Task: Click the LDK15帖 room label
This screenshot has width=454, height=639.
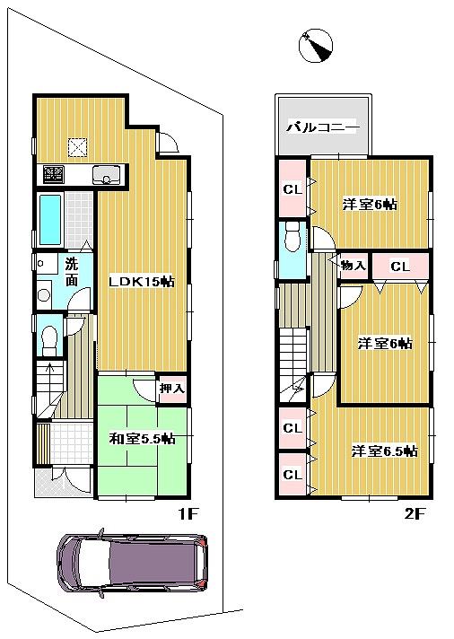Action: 141,281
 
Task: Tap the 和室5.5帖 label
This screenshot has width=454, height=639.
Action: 142,439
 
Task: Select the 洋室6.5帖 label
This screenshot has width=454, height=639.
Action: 383,451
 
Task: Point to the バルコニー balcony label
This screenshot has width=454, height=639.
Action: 323,127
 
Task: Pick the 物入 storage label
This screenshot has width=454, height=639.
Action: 353,266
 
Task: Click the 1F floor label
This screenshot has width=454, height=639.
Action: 186,513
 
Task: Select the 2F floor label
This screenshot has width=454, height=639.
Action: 414,513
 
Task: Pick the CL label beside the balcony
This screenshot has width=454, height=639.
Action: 292,188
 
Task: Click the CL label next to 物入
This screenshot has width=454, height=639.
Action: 400,266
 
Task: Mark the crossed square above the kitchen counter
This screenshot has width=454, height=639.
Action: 77,146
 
